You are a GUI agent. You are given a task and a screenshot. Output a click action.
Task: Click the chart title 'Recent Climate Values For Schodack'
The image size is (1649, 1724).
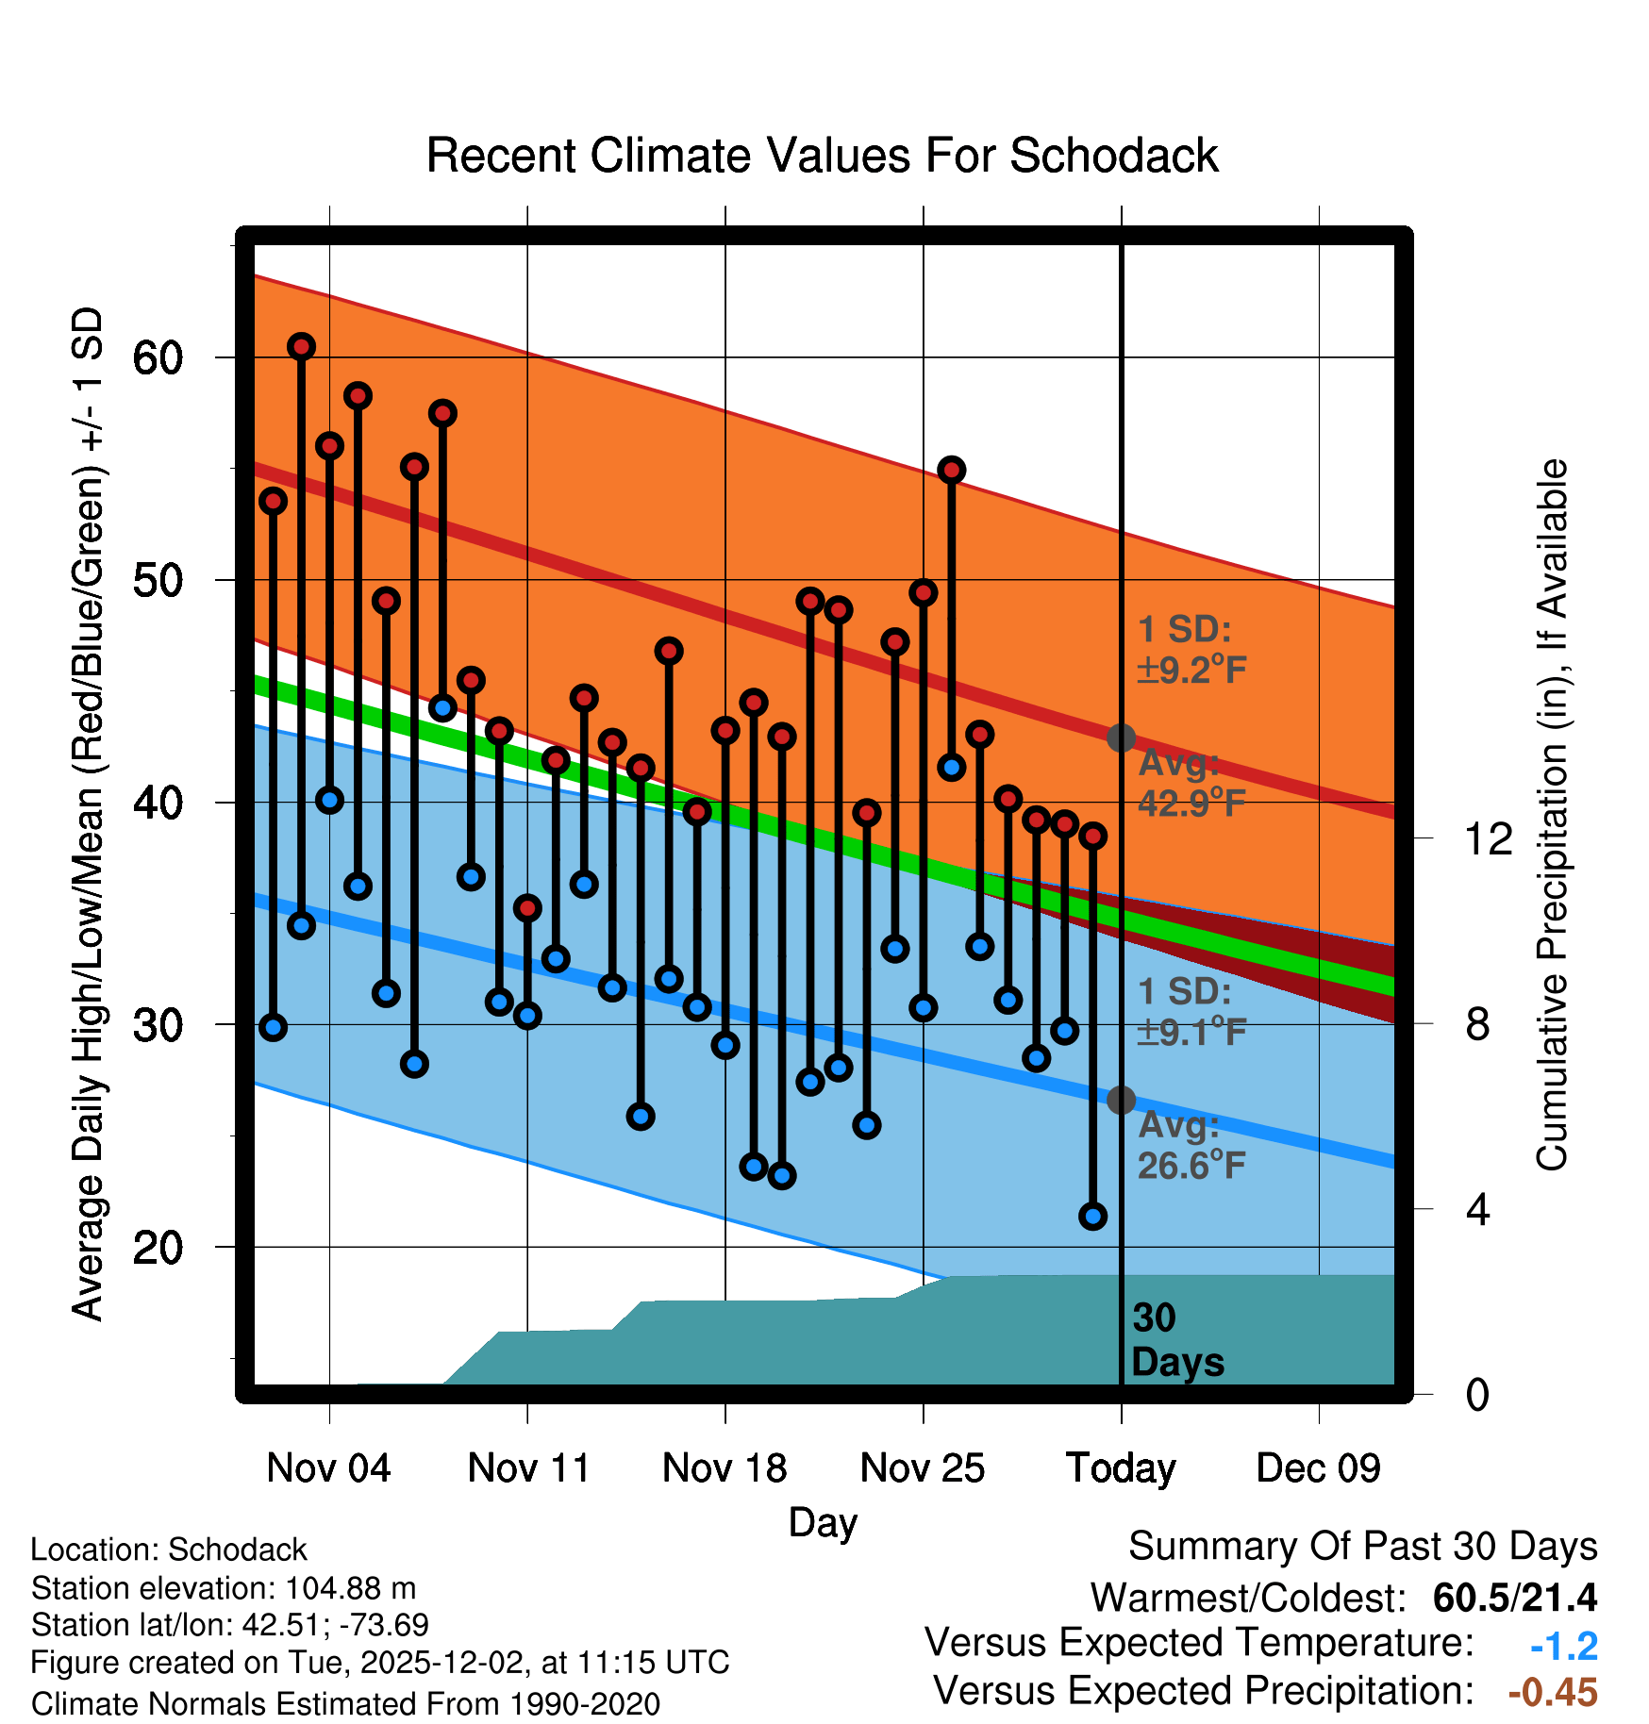point(822,156)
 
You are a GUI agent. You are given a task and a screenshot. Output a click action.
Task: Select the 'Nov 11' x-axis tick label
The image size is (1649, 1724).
point(528,1468)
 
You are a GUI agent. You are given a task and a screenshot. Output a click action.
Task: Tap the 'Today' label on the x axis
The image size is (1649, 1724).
point(1121,1468)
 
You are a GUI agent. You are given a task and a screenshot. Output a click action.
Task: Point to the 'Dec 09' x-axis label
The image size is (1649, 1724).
point(1318,1468)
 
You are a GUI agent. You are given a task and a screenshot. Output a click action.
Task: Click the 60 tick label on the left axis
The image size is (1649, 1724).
point(158,357)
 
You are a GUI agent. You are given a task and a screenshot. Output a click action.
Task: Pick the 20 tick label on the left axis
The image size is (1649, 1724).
point(158,1248)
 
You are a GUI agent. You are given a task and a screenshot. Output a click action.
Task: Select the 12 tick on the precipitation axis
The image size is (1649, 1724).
point(1488,838)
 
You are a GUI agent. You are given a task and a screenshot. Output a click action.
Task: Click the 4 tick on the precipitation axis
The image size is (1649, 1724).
point(1477,1209)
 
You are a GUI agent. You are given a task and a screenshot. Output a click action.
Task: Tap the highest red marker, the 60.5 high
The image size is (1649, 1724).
point(301,347)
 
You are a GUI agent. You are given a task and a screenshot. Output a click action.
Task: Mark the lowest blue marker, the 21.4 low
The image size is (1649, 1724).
point(1092,1217)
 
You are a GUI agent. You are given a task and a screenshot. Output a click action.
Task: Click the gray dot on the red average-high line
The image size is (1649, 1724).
point(1121,738)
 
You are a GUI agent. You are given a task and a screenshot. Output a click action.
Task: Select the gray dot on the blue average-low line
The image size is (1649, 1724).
point(1121,1100)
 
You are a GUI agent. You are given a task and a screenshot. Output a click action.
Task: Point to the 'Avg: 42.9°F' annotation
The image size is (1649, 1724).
point(1191,783)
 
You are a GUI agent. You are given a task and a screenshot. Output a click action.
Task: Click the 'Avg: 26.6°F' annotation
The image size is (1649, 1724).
point(1191,1146)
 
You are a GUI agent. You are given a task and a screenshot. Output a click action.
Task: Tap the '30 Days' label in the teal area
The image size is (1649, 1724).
point(1176,1340)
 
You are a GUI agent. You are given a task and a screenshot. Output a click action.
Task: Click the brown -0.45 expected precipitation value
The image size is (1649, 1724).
point(1553,1692)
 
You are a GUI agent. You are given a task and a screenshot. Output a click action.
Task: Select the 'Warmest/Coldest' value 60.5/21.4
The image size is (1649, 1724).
point(1514,1598)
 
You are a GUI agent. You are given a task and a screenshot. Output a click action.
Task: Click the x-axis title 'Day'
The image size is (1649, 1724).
point(823,1522)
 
